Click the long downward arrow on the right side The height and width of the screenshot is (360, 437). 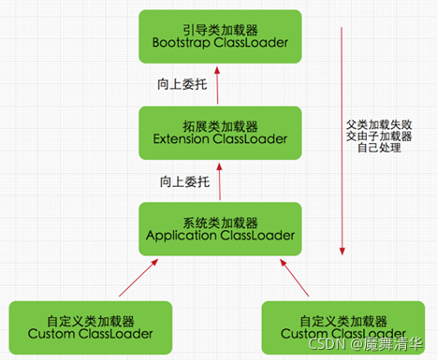341,140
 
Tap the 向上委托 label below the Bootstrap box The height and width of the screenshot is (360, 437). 179,83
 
